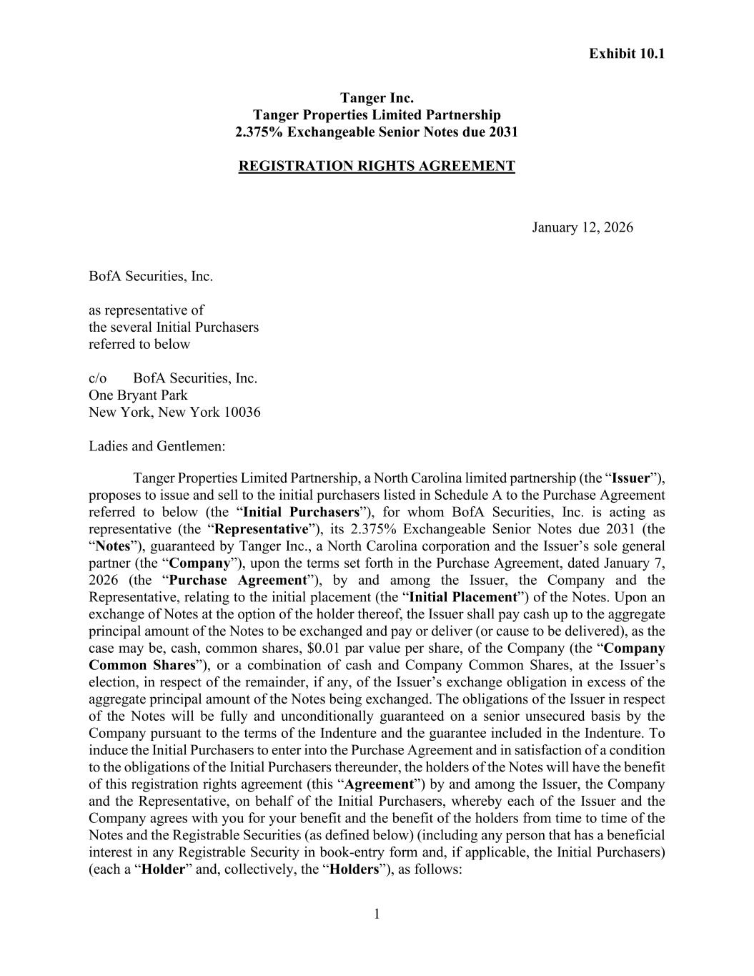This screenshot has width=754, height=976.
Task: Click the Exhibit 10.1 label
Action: coord(626,54)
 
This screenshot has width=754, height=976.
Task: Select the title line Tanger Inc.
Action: coord(377,98)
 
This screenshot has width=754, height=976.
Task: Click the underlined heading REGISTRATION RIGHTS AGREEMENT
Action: coord(377,167)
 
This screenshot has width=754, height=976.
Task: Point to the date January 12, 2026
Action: coord(582,227)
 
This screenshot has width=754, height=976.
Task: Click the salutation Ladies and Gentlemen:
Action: coord(157,446)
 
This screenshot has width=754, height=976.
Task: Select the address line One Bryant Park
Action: coord(138,395)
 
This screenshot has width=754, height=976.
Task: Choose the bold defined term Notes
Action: coord(111,546)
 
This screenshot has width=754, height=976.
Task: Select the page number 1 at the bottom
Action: coord(377,914)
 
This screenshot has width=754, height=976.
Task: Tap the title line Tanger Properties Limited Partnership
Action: coord(377,115)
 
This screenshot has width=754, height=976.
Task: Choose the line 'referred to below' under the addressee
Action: coord(139,344)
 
